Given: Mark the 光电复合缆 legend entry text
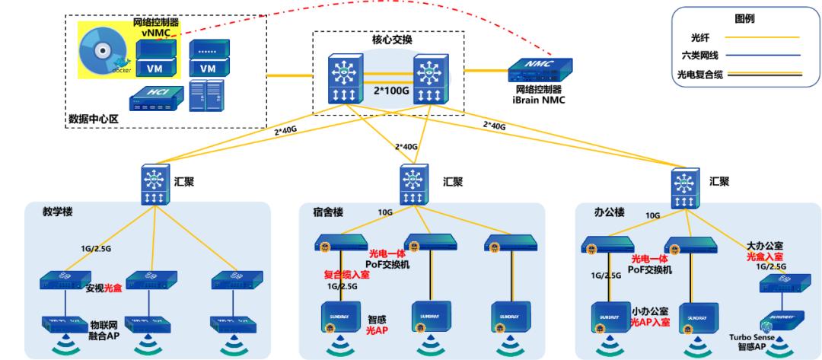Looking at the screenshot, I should pyautogui.click(x=699, y=74).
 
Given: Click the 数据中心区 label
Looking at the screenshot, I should pyautogui.click(x=91, y=119).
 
